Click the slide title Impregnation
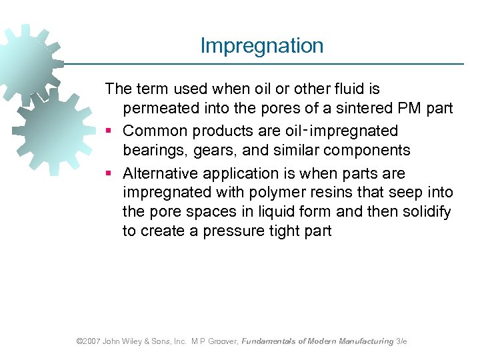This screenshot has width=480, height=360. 262,46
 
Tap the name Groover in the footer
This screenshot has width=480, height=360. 221,341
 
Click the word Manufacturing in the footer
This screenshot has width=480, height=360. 365,341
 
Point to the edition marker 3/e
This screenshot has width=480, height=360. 401,341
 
